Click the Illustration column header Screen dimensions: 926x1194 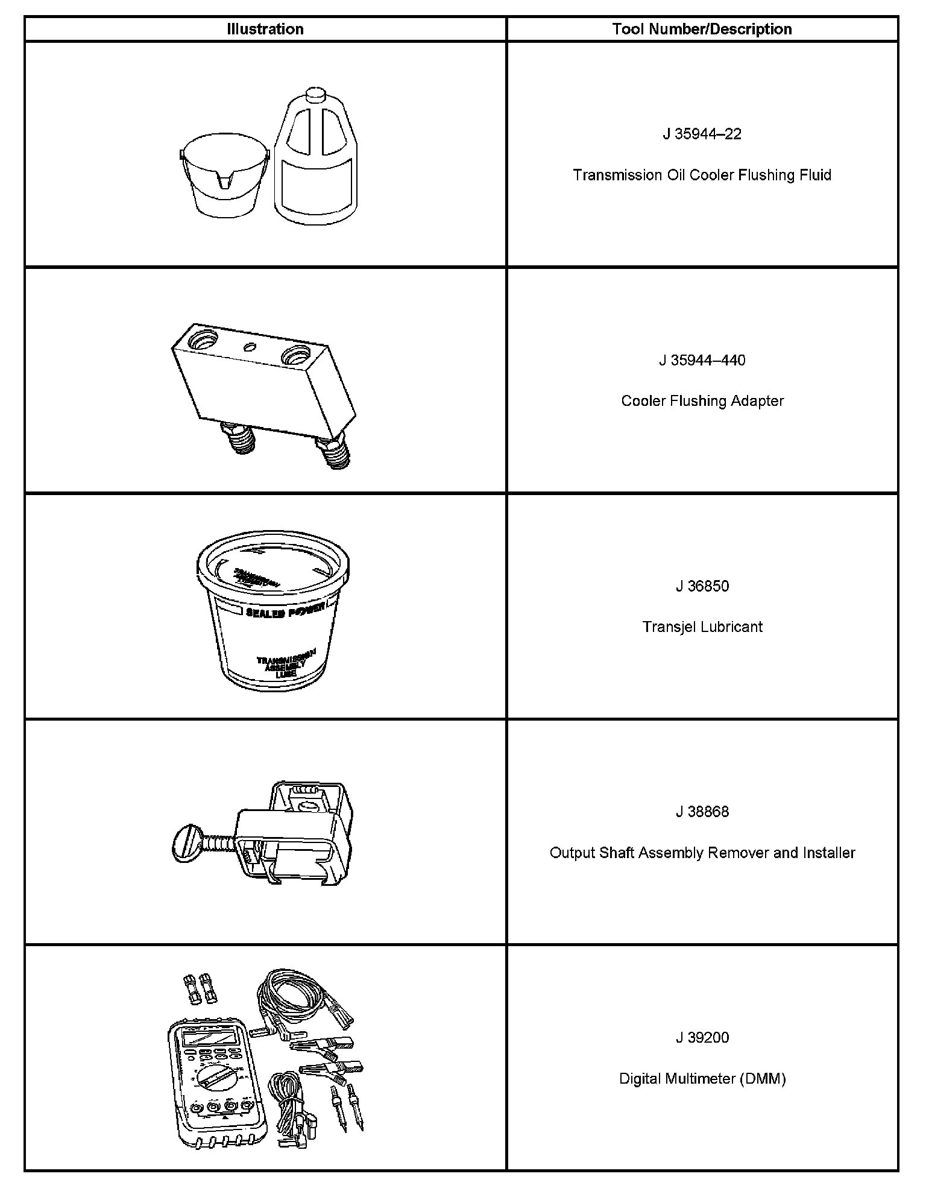[x=265, y=29]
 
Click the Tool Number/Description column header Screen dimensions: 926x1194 [x=702, y=29]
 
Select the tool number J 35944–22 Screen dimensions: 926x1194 [x=702, y=134]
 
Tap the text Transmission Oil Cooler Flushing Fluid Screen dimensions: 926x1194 [x=702, y=175]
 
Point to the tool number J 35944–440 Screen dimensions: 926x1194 [x=702, y=360]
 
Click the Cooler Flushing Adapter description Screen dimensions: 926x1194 [x=702, y=401]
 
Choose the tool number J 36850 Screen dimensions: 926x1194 [x=702, y=586]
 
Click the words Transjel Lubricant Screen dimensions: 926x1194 [x=702, y=627]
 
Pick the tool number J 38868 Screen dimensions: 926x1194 [x=702, y=812]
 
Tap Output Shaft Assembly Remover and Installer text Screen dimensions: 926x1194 [x=702, y=853]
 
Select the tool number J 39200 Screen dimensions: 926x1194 [x=702, y=1038]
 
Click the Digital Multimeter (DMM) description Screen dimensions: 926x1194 [x=702, y=1079]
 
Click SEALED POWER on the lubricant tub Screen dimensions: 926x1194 [x=285, y=610]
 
